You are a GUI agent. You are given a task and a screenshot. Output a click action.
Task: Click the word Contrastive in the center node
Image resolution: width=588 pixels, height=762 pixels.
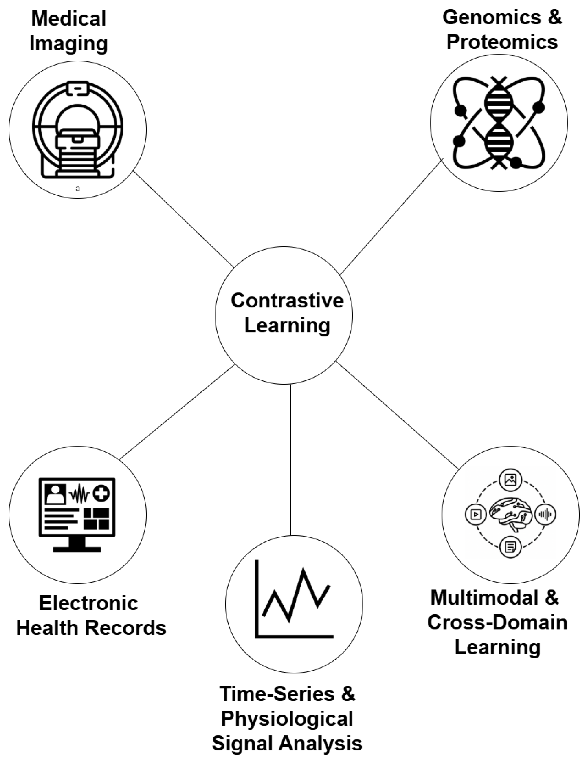(287, 301)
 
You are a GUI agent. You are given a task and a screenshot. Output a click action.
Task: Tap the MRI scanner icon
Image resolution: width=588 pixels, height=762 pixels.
(77, 129)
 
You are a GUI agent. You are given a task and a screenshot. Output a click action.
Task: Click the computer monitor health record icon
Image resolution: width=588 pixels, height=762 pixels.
(77, 514)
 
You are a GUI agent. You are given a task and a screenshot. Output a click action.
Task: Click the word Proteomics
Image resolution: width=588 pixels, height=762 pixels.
(502, 42)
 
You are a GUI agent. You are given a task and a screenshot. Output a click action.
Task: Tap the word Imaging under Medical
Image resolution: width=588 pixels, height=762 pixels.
(69, 43)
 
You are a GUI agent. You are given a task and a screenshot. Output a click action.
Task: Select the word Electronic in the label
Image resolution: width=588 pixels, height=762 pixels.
(89, 603)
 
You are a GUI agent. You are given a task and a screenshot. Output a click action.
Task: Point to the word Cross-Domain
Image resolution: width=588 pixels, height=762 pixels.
(497, 622)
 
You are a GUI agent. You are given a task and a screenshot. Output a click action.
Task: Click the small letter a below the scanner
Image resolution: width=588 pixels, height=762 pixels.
(78, 189)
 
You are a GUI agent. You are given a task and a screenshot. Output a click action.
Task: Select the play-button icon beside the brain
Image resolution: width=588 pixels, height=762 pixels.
(476, 514)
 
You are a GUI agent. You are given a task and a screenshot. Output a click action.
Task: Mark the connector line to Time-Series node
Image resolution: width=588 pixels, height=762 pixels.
(291, 461)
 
